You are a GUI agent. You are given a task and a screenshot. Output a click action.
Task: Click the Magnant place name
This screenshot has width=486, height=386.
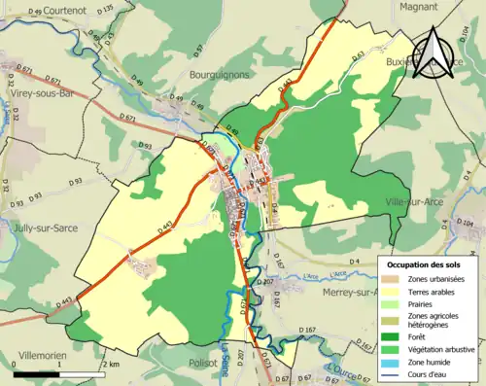pyautogui.click(x=416, y=6)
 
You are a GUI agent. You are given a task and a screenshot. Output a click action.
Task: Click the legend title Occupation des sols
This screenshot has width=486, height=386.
pyautogui.click(x=424, y=263)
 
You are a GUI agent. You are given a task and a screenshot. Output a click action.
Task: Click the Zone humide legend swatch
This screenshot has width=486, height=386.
pyautogui.click(x=394, y=364)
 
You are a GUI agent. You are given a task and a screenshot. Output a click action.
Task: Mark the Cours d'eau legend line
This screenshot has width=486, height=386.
pyautogui.click(x=394, y=377)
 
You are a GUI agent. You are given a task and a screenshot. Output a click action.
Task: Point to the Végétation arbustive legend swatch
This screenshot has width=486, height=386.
pyautogui.click(x=394, y=351)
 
